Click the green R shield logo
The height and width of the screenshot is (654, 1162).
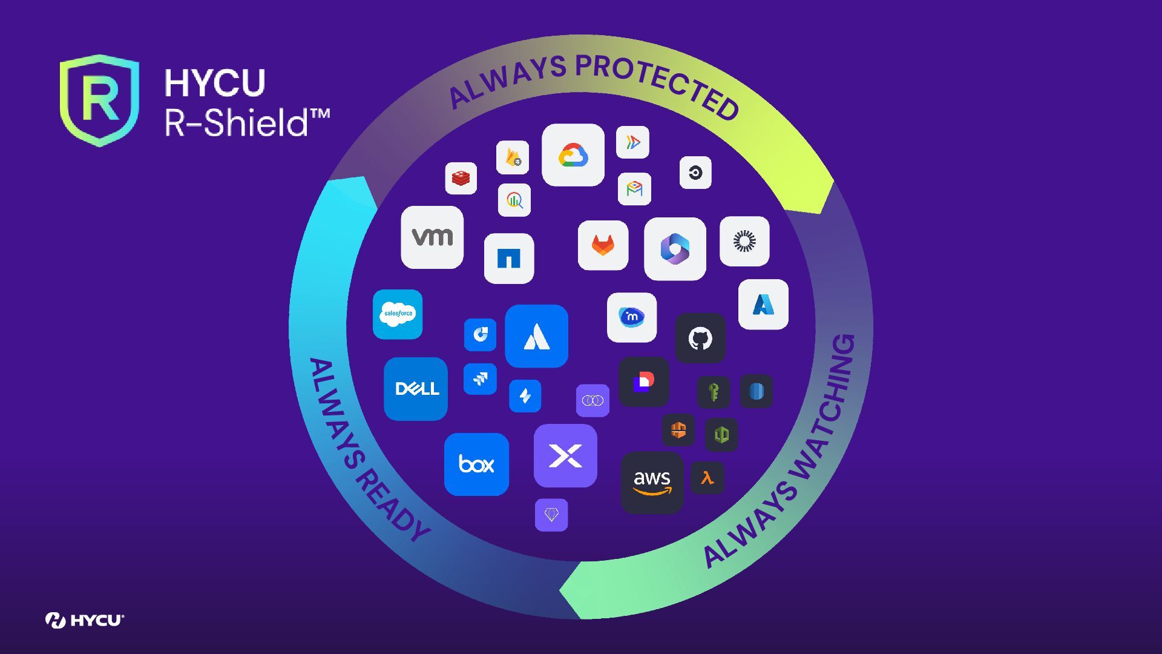click(99, 100)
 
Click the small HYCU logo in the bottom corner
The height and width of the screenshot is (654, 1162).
click(85, 620)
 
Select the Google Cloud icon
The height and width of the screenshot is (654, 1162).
click(573, 155)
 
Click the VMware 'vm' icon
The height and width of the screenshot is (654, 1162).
click(432, 237)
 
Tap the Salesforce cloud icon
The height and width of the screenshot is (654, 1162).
click(398, 314)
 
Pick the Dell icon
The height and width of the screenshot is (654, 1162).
click(416, 388)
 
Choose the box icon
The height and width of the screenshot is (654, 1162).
click(476, 464)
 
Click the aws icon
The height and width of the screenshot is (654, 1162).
click(652, 482)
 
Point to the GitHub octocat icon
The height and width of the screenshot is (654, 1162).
click(700, 338)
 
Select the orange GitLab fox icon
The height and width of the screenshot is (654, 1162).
click(603, 245)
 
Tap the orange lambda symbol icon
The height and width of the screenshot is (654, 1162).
click(707, 478)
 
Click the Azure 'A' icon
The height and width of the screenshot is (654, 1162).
click(763, 305)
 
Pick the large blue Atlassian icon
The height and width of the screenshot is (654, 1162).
click(536, 336)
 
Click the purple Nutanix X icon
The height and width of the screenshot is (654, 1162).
click(565, 455)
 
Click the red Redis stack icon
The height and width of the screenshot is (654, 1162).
click(461, 178)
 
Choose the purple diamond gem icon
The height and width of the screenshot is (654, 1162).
click(551, 515)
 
